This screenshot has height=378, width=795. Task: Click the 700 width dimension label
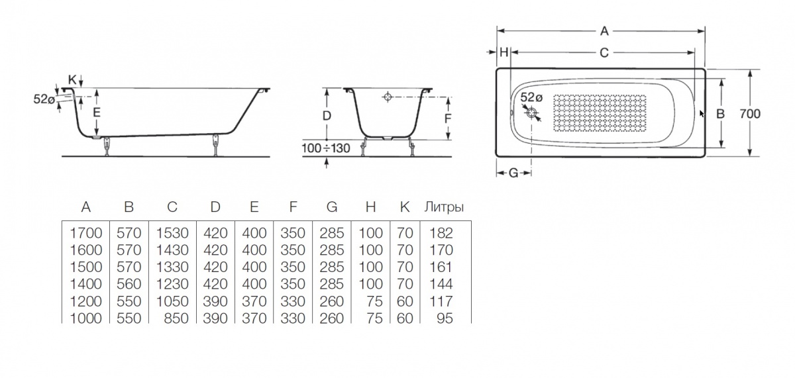click(749, 114)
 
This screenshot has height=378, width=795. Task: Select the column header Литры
click(443, 207)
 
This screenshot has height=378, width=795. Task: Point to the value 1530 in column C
click(172, 233)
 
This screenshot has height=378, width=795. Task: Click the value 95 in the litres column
click(445, 318)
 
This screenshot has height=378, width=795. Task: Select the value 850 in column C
click(177, 318)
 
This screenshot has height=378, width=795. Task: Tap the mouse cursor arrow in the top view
click(702, 114)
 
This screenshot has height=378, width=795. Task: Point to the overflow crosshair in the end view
click(388, 97)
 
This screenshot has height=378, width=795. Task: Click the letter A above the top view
click(604, 30)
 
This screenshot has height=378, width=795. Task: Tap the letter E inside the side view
click(97, 113)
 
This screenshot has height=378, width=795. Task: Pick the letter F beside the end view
click(448, 118)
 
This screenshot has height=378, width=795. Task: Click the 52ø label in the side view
click(44, 99)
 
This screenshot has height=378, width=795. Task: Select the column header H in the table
click(370, 207)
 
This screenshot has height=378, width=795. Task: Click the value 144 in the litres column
click(441, 284)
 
